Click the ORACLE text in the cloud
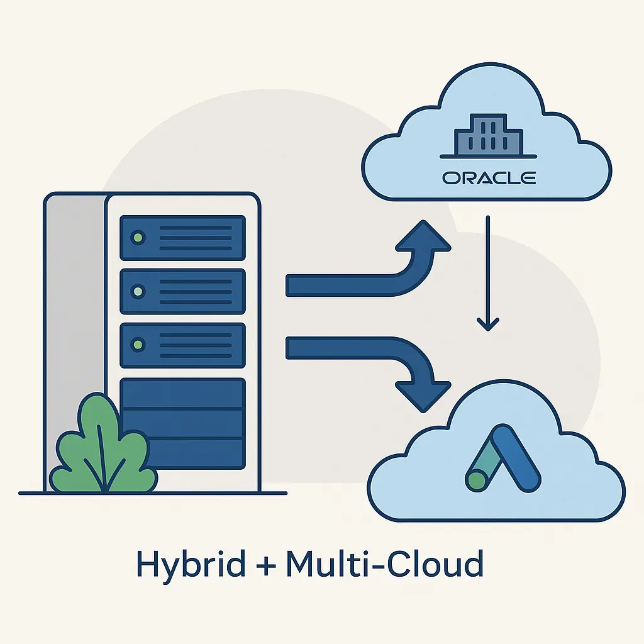[x=489, y=178]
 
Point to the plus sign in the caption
[x=265, y=564]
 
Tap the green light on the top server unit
[x=137, y=238]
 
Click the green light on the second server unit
[x=137, y=291]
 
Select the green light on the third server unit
[x=137, y=345]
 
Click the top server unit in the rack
[x=182, y=238]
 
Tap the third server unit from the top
[x=182, y=345]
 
